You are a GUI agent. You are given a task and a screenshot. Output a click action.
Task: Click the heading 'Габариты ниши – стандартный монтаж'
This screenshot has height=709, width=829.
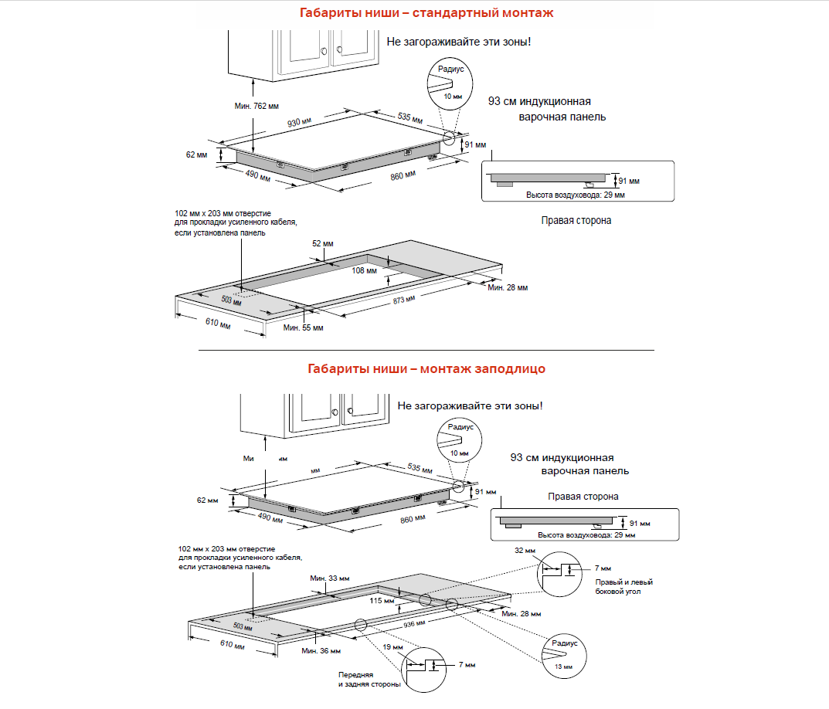[x=426, y=13]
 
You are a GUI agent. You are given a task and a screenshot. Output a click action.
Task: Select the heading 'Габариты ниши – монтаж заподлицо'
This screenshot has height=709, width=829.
[x=426, y=368]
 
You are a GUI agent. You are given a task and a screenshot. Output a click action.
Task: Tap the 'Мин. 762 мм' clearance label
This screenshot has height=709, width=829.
[x=257, y=106]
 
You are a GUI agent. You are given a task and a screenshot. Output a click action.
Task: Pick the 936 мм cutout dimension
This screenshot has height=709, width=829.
[x=415, y=622]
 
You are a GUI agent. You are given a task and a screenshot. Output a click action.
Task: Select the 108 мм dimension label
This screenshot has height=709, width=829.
[x=363, y=270]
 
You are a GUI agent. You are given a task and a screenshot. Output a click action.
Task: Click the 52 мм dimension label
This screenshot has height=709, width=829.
[x=323, y=243]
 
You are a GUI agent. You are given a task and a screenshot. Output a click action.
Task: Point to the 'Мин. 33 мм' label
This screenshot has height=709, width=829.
[x=329, y=578]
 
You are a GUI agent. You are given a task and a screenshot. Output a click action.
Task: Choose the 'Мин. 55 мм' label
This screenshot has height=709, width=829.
[x=303, y=328]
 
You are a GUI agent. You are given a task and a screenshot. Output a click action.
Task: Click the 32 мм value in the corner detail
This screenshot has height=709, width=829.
[x=523, y=551]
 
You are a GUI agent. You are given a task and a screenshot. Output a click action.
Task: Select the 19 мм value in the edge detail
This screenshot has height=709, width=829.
[x=392, y=646]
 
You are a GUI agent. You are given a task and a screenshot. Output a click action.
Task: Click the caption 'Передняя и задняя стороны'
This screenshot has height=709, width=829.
[x=369, y=680]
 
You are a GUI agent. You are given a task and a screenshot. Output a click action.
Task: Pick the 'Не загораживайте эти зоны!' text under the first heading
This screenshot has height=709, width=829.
[x=459, y=41]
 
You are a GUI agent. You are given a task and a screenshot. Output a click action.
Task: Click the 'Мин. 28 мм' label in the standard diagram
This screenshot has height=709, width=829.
[x=508, y=287]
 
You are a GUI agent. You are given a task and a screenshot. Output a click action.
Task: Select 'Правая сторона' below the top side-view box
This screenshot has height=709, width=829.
[x=576, y=220]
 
